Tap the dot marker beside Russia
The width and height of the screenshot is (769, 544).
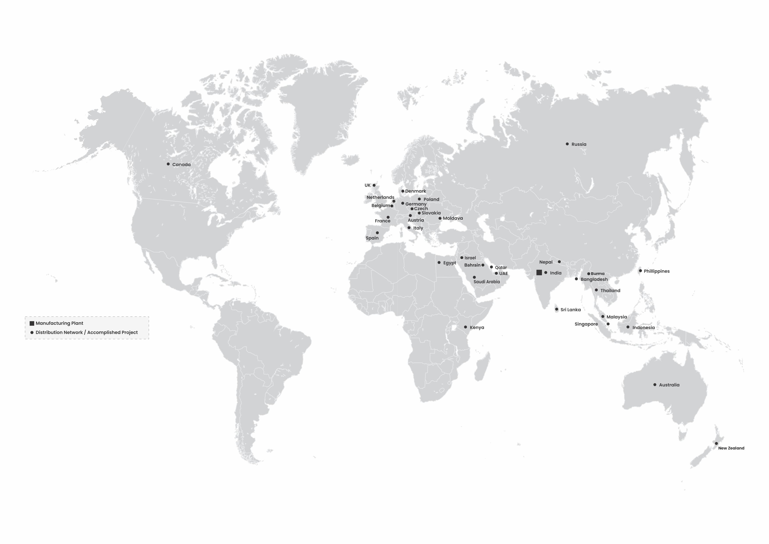(567, 144)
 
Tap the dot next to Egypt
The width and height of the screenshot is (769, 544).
(439, 263)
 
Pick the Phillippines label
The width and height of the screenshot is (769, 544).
(657, 271)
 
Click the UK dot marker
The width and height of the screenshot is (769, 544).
(374, 185)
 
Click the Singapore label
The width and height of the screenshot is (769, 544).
(586, 324)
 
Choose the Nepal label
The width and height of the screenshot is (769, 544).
(546, 262)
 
